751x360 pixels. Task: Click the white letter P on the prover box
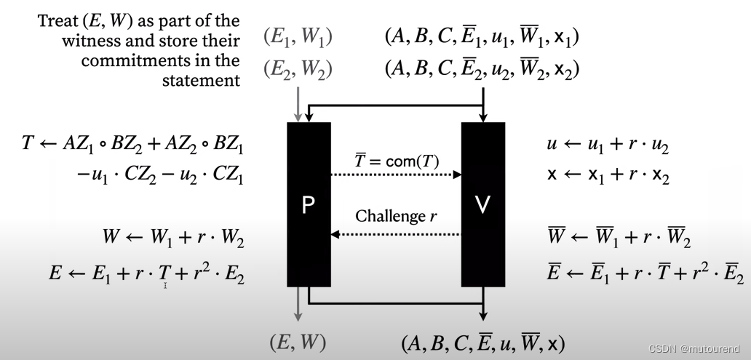309,206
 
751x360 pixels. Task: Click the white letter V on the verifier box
483,206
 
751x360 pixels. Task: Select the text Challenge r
396,216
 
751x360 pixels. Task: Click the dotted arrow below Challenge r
397,234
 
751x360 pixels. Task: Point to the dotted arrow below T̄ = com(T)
397,175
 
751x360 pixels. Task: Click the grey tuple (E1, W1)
298,36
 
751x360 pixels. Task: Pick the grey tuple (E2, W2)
298,70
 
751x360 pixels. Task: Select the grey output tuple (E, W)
298,342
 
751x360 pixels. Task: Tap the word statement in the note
200,79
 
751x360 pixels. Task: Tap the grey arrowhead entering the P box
297,116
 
